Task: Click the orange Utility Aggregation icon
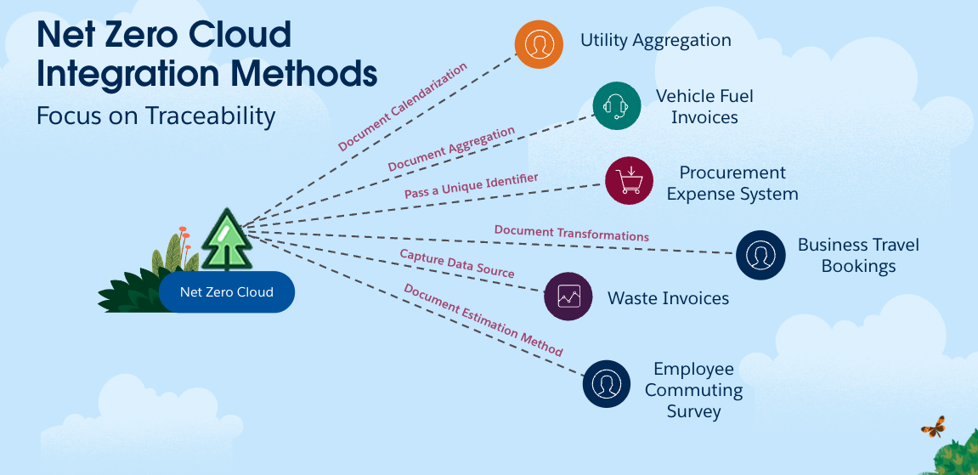coord(539,44)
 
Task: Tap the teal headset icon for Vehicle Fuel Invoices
coord(616,106)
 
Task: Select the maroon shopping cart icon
coord(630,181)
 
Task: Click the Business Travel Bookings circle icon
coord(760,255)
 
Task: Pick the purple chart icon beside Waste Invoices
coord(568,296)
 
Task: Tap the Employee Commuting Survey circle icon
coord(607,384)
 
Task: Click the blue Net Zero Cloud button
coord(226,291)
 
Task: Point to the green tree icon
coord(226,240)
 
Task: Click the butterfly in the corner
coord(933,427)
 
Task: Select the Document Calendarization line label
coord(402,106)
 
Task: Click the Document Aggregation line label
coord(451,149)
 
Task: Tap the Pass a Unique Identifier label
coord(471,186)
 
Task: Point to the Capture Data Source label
coord(457,263)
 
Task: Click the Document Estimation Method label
coord(483,320)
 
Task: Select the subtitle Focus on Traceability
coord(156,116)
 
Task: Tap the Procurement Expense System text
coord(732,183)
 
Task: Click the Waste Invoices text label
coord(668,298)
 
